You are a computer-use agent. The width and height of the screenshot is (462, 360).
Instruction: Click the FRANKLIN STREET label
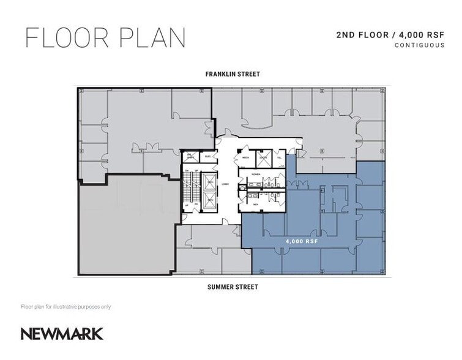coord(232,74)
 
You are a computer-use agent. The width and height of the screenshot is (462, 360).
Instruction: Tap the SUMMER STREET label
coord(232,287)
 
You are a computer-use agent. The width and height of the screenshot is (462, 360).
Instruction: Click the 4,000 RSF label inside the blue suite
coord(298,241)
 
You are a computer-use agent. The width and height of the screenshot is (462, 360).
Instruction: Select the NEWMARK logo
coord(62,334)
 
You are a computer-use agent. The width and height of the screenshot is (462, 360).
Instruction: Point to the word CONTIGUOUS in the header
coord(419,45)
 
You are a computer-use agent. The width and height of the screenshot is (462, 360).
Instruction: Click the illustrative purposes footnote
coord(65,306)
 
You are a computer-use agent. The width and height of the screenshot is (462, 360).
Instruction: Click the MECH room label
coord(247,157)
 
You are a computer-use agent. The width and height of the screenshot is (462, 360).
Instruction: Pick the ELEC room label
coord(207,156)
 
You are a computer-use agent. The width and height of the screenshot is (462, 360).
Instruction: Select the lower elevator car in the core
coord(210,201)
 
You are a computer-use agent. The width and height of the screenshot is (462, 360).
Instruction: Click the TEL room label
coord(280,157)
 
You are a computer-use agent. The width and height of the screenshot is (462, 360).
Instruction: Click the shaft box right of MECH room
coord(263,157)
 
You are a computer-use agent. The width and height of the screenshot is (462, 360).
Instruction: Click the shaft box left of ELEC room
coord(190,156)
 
